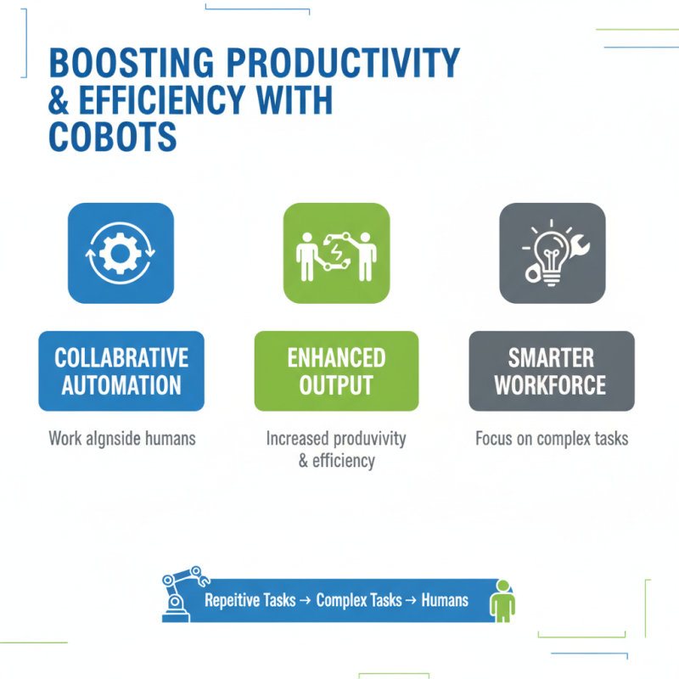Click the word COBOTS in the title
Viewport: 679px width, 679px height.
click(112, 136)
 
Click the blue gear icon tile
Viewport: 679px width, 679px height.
click(121, 252)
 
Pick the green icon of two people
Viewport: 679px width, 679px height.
click(336, 252)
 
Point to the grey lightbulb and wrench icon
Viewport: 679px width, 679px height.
click(552, 252)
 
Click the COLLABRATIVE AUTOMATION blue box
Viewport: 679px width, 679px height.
click(121, 371)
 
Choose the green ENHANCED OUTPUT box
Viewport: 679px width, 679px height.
click(336, 371)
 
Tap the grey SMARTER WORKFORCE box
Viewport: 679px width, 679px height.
click(551, 371)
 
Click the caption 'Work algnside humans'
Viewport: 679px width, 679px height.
click(122, 439)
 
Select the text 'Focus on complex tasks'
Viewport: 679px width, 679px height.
click(552, 439)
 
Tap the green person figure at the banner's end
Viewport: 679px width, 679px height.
click(502, 600)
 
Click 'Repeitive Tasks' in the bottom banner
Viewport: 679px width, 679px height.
click(250, 600)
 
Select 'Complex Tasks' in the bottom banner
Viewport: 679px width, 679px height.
click(358, 600)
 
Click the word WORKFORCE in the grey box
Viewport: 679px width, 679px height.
click(551, 385)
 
